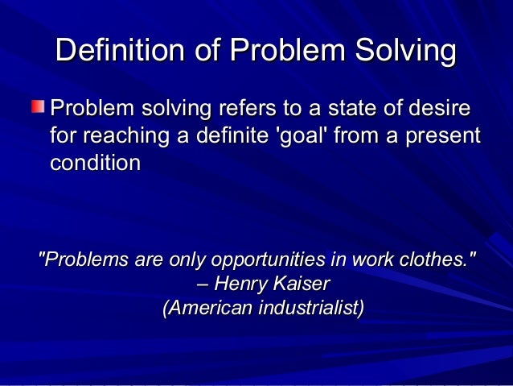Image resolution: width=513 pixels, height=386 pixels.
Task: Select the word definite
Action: coord(224,135)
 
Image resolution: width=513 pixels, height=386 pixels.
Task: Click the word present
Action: coord(441,135)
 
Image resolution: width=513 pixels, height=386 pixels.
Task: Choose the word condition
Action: coord(96,162)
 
